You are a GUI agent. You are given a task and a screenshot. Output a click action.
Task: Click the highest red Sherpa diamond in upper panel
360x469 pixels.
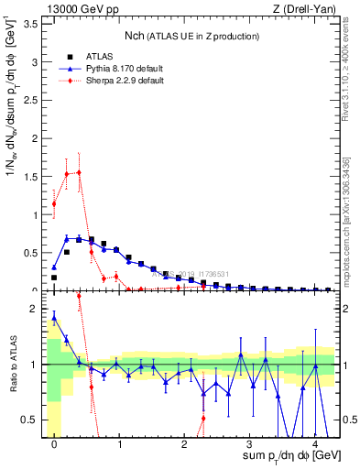[79, 172]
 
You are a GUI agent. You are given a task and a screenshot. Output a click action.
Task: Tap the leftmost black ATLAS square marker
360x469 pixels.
[54, 277]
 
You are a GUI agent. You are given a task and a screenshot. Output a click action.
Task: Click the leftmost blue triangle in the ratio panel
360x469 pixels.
[54, 318]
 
